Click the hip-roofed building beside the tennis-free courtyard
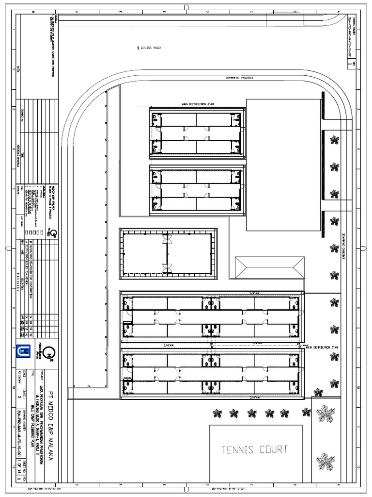270,267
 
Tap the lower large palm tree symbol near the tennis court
325,462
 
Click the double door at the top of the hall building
168,239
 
